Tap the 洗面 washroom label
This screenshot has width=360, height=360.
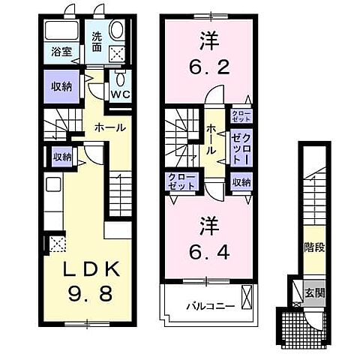pyautogui.click(x=98, y=41)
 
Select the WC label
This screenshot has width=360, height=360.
pyautogui.click(x=119, y=94)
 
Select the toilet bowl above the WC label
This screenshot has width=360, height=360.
pyautogui.click(x=119, y=79)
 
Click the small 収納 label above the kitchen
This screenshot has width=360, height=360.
pyautogui.click(x=61, y=157)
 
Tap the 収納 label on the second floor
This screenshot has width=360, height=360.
pyautogui.click(x=241, y=181)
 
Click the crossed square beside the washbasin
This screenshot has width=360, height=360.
pyautogui.click(x=118, y=52)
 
